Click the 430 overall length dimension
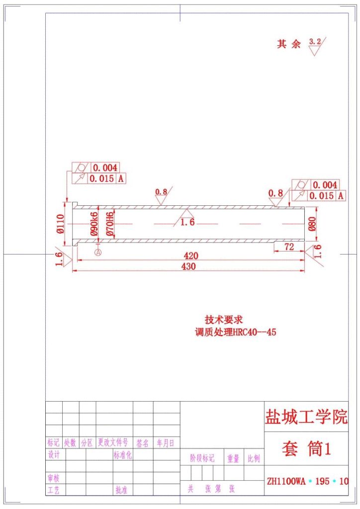pyautogui.click(x=188, y=266)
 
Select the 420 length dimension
pyautogui.click(x=191, y=256)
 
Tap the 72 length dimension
pyautogui.click(x=289, y=247)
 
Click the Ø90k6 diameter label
pyautogui.click(x=93, y=224)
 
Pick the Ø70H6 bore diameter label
pyautogui.click(x=110, y=223)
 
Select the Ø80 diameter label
pyautogui.click(x=312, y=224)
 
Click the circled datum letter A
pyautogui.click(x=98, y=253)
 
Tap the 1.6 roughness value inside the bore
pyautogui.click(x=187, y=222)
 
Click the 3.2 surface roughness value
pyautogui.click(x=315, y=42)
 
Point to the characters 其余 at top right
pyautogui.click(x=289, y=44)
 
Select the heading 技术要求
pyautogui.click(x=224, y=320)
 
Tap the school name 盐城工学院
pyautogui.click(x=306, y=417)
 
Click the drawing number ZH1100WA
pyautogui.click(x=286, y=481)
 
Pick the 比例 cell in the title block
pyautogui.click(x=254, y=458)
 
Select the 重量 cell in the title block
pyautogui.click(x=233, y=458)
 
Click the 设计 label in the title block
pyautogui.click(x=54, y=454)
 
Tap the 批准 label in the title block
pyautogui.click(x=121, y=490)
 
